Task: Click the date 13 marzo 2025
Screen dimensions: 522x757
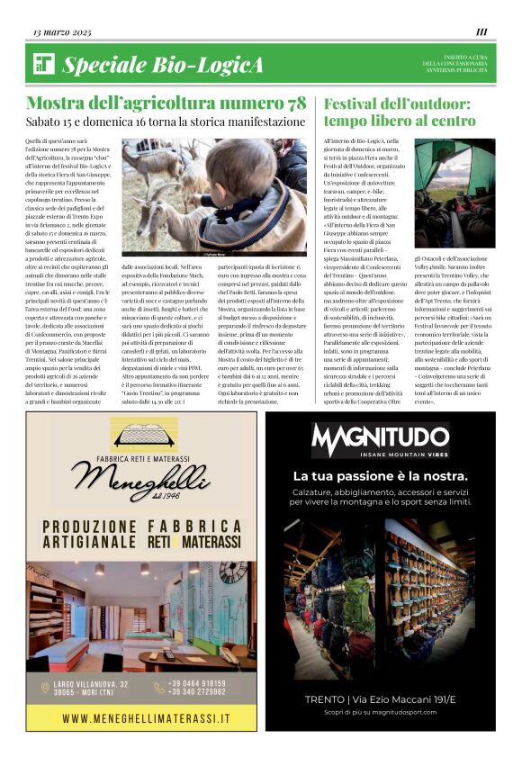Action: click(62, 32)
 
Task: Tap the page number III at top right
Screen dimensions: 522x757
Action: click(481, 32)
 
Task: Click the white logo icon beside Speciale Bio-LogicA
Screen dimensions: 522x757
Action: click(44, 63)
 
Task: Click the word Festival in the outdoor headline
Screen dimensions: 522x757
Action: click(356, 103)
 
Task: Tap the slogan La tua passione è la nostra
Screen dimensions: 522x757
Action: click(380, 475)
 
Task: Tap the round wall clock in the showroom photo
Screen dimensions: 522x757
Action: click(231, 572)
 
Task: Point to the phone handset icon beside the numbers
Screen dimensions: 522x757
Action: click(159, 688)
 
